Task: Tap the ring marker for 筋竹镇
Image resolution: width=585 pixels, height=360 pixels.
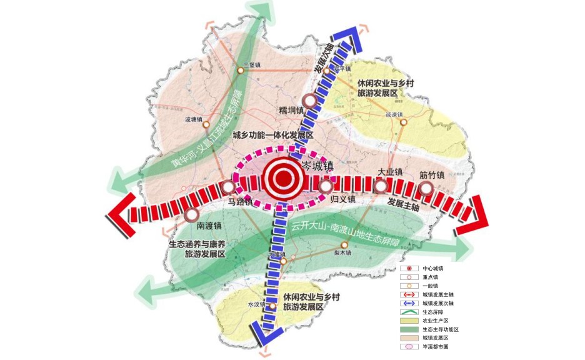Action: coord(427,187)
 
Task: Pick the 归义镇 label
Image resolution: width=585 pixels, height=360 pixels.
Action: coord(342,199)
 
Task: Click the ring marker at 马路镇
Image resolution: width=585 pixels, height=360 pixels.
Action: coord(229,187)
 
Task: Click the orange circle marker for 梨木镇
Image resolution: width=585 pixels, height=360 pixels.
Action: coord(343,244)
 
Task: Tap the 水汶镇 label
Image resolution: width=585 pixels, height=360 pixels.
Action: coord(257,305)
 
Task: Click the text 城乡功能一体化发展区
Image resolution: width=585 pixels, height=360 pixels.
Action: coord(272,134)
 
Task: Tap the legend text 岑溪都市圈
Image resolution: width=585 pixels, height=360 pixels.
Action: coord(436,346)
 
